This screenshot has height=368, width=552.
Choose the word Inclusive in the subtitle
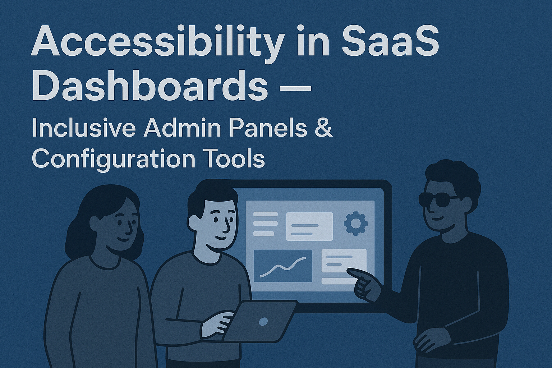tap(83, 128)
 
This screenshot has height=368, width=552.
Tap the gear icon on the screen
tap(355, 224)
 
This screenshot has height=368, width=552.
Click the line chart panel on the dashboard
tap(283, 266)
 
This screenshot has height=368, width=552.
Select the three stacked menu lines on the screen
tap(266, 224)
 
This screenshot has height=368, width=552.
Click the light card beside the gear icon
tap(309, 226)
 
